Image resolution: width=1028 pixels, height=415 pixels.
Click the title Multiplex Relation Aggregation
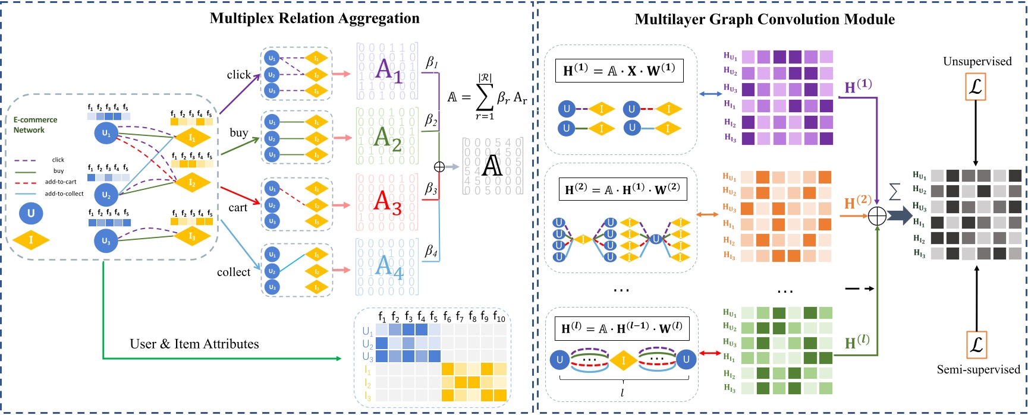point(315,18)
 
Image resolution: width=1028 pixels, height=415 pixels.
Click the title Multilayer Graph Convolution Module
point(765,20)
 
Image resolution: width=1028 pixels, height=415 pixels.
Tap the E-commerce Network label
point(35,125)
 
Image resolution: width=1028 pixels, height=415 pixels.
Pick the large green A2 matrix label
point(387,139)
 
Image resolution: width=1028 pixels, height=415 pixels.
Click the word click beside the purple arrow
point(238,75)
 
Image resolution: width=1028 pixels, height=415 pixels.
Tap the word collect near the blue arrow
point(234,272)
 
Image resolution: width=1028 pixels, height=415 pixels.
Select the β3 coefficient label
point(431,189)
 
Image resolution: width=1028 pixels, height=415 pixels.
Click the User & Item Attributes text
point(194,344)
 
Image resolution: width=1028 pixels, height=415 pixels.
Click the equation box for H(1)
point(619,70)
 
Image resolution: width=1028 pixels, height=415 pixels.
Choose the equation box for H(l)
point(622,328)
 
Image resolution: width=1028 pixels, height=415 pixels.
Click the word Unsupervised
point(977,61)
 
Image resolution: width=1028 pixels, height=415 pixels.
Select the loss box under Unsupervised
point(976,88)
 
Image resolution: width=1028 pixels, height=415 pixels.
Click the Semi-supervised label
point(978,369)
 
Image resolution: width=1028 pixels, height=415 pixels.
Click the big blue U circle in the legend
point(31,214)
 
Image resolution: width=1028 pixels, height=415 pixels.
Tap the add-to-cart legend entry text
point(61,182)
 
